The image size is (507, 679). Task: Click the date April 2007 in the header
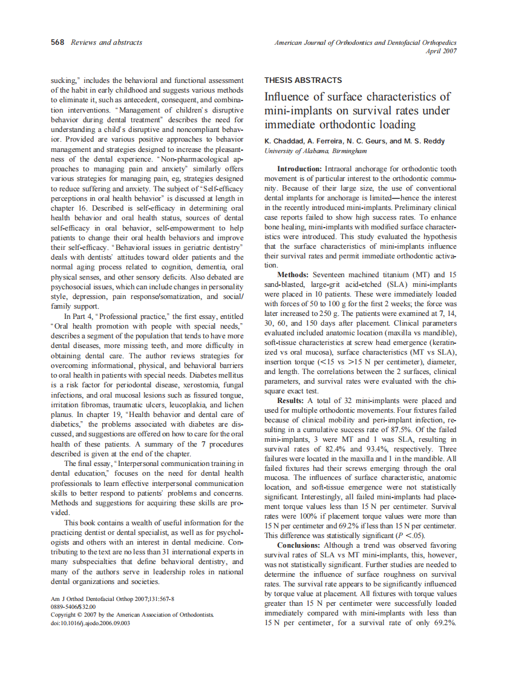(442, 51)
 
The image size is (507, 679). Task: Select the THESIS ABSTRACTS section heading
(303, 80)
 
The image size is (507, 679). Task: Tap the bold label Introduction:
(299, 168)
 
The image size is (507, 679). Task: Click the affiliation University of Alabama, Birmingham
(315, 150)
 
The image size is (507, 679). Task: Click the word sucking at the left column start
(62, 80)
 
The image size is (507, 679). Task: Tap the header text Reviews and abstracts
(106, 42)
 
